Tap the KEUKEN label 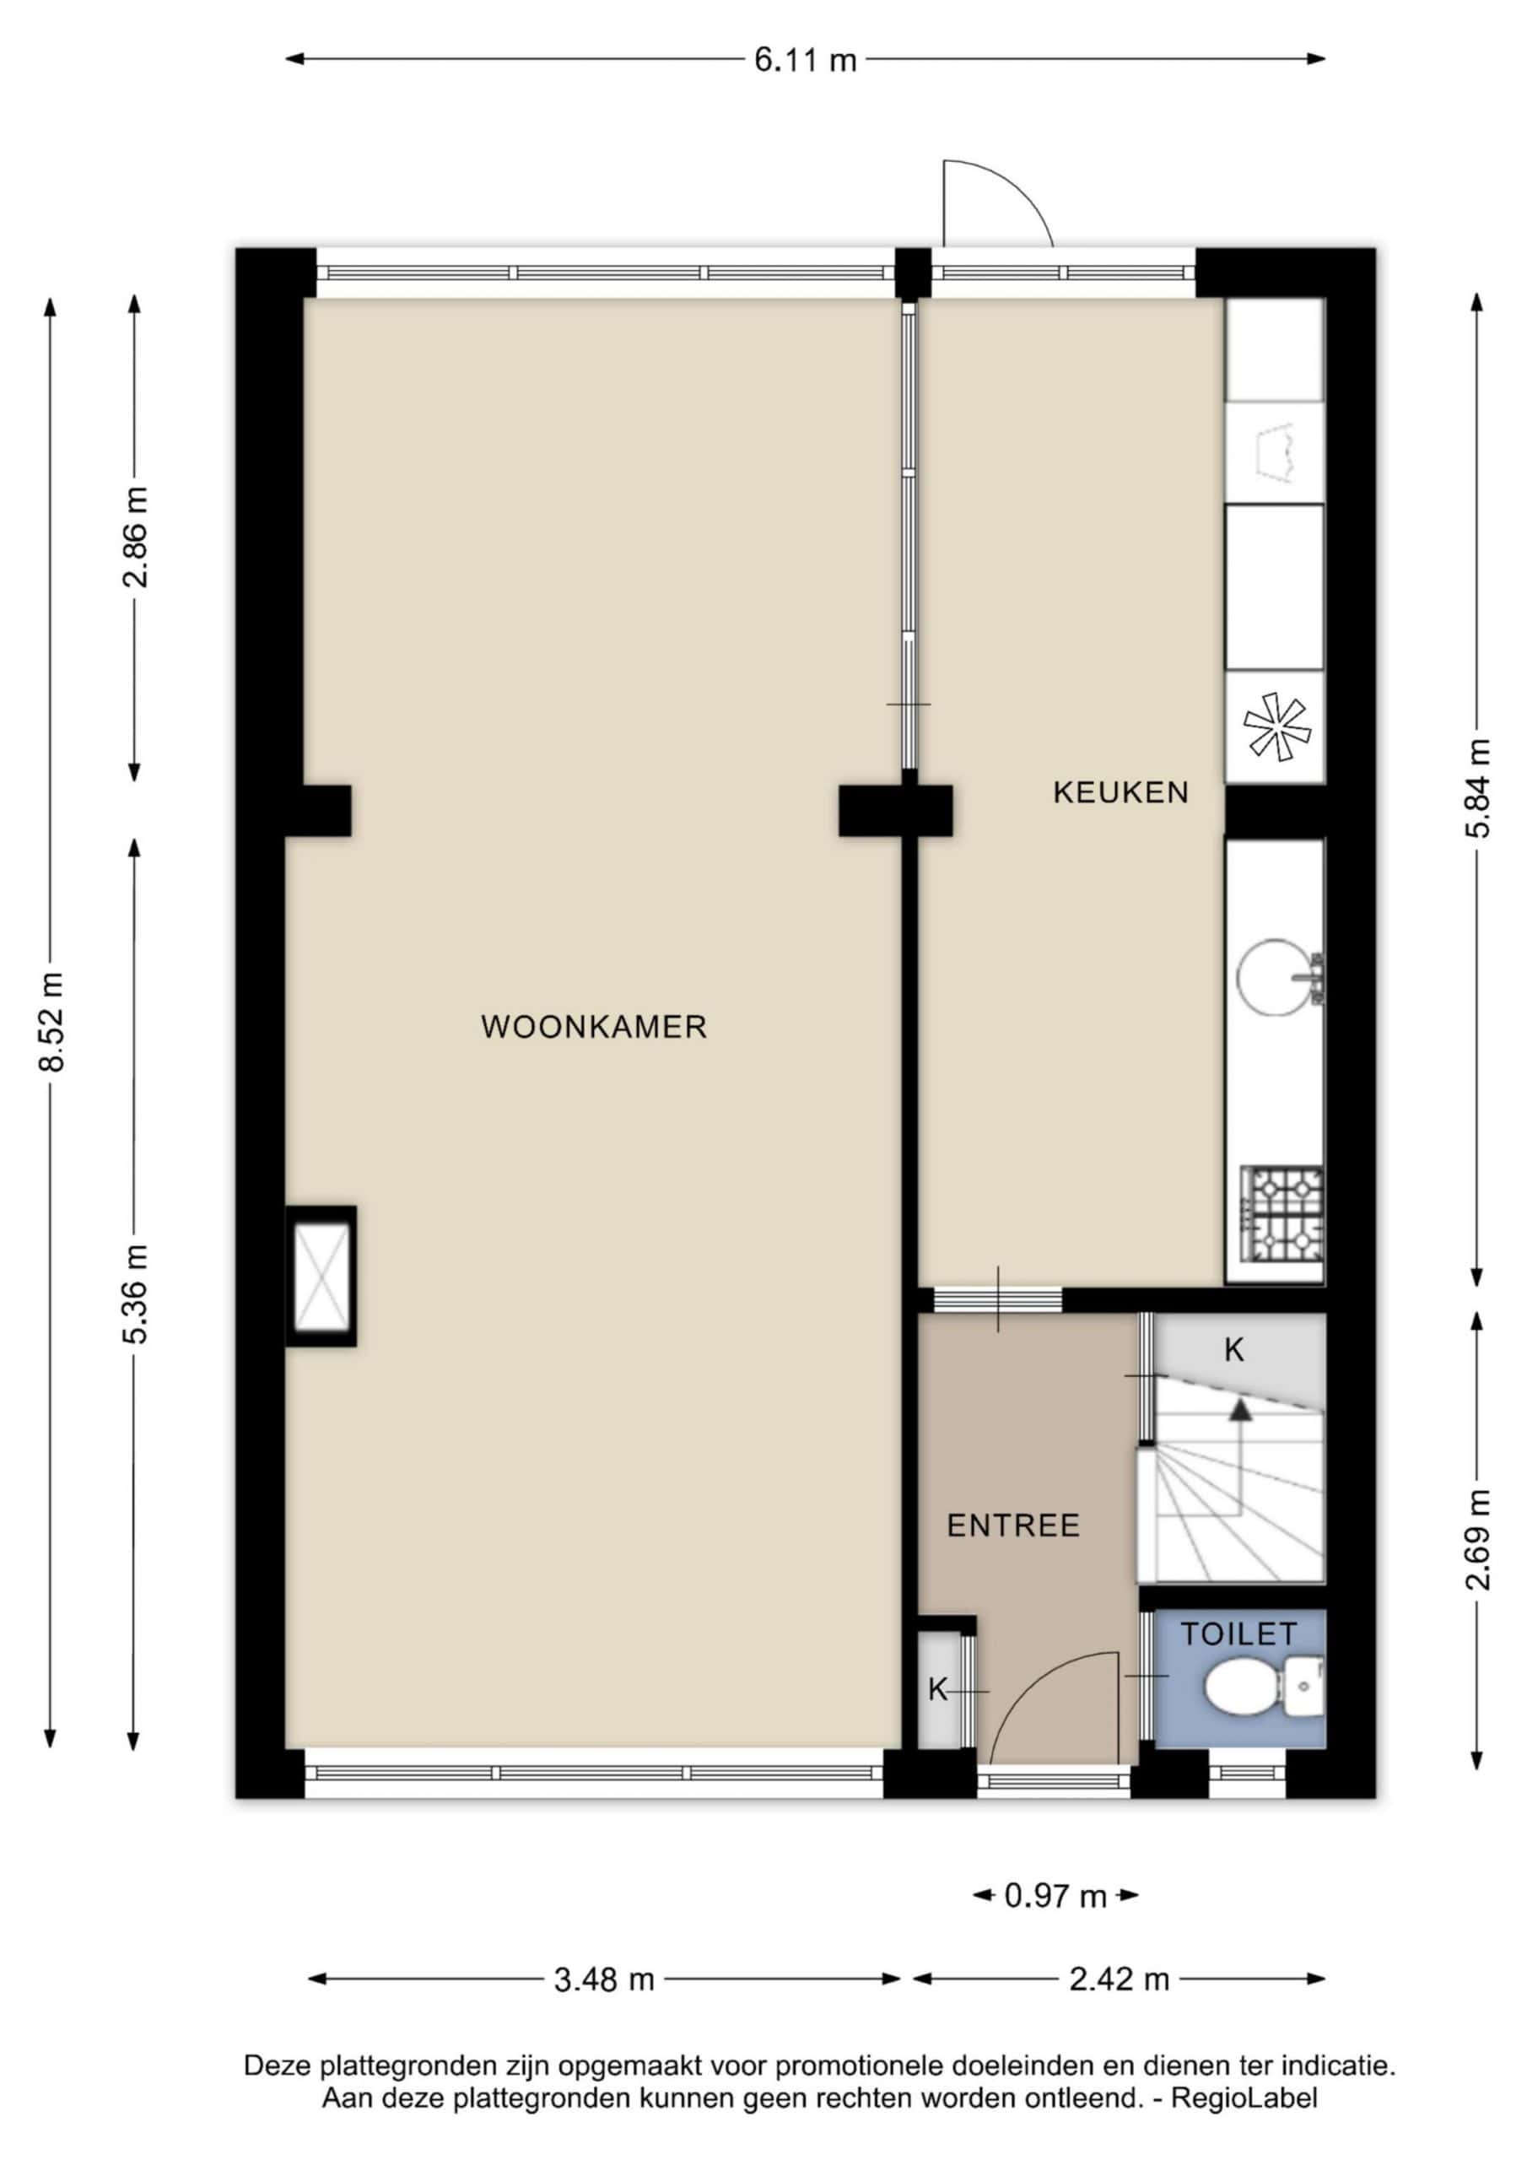click(x=1120, y=793)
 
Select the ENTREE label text click(x=1013, y=1525)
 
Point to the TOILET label click(x=1239, y=1634)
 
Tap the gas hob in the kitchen click(x=1282, y=1213)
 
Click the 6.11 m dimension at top click(x=806, y=61)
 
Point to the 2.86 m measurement click(x=136, y=537)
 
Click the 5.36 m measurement click(x=136, y=1293)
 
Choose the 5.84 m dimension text click(x=1477, y=788)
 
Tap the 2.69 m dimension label click(x=1477, y=1540)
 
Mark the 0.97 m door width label click(x=1055, y=1896)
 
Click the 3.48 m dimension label click(x=603, y=1980)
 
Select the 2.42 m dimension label click(x=1119, y=1980)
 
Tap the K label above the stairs click(x=1233, y=1351)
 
